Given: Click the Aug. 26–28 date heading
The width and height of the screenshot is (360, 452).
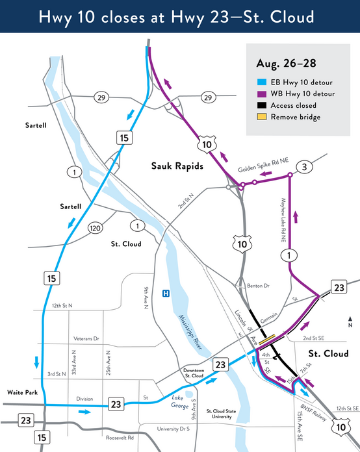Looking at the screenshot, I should (282, 64).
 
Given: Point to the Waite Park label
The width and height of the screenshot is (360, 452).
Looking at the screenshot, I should (21, 393).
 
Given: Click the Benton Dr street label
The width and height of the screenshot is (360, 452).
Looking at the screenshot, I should (259, 286).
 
